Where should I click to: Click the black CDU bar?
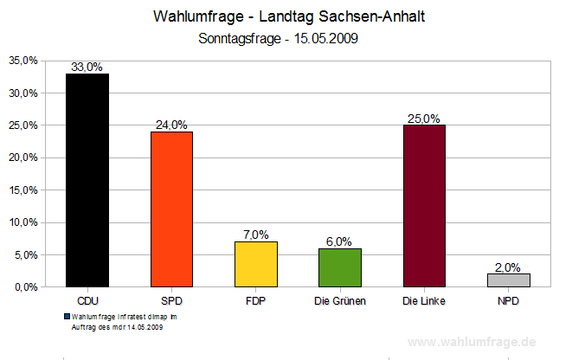pos(87,180)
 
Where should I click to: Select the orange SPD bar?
pos(171,209)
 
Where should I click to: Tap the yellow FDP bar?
pos(256,264)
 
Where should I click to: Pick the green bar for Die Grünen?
pos(340,267)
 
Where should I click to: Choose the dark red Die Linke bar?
pos(424,206)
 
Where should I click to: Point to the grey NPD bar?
pos(509,280)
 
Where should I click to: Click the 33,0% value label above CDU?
pos(87,67)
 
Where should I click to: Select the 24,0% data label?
pos(171,125)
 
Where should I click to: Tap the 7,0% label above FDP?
pos(256,235)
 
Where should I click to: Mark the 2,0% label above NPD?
pos(509,267)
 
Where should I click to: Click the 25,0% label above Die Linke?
pos(424,119)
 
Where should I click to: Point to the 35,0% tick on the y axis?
pos(23,61)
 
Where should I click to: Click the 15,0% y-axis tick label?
pos(23,190)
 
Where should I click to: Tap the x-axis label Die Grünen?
pos(340,301)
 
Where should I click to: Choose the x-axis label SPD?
pos(171,301)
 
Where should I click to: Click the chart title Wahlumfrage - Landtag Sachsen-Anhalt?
pos(289,17)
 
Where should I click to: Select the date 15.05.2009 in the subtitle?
pos(326,38)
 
